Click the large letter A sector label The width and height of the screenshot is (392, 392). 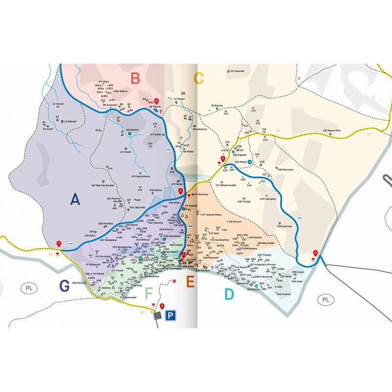pyautogui.click(x=74, y=199)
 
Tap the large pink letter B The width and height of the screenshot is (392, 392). pyautogui.click(x=136, y=78)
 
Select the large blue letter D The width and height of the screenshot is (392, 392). pyautogui.click(x=229, y=294)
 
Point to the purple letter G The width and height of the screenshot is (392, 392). pyautogui.click(x=64, y=286)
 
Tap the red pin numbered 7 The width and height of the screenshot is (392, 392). pyautogui.click(x=59, y=244)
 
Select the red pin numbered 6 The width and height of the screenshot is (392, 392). pyautogui.click(x=315, y=253)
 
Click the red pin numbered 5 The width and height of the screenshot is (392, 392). pyautogui.click(x=223, y=158)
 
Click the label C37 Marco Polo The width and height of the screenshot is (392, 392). pyautogui.click(x=331, y=130)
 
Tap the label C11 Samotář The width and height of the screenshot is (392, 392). pyautogui.click(x=237, y=71)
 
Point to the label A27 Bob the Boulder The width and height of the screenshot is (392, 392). pyautogui.click(x=102, y=186)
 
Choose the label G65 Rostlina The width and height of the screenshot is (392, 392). pyautogui.click(x=79, y=283)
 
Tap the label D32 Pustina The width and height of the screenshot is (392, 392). pyautogui.click(x=284, y=294)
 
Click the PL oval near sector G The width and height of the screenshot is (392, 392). pyautogui.click(x=30, y=288)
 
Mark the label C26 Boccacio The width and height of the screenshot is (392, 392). pyautogui.click(x=285, y=169)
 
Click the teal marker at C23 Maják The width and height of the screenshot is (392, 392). pyautogui.click(x=249, y=161)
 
